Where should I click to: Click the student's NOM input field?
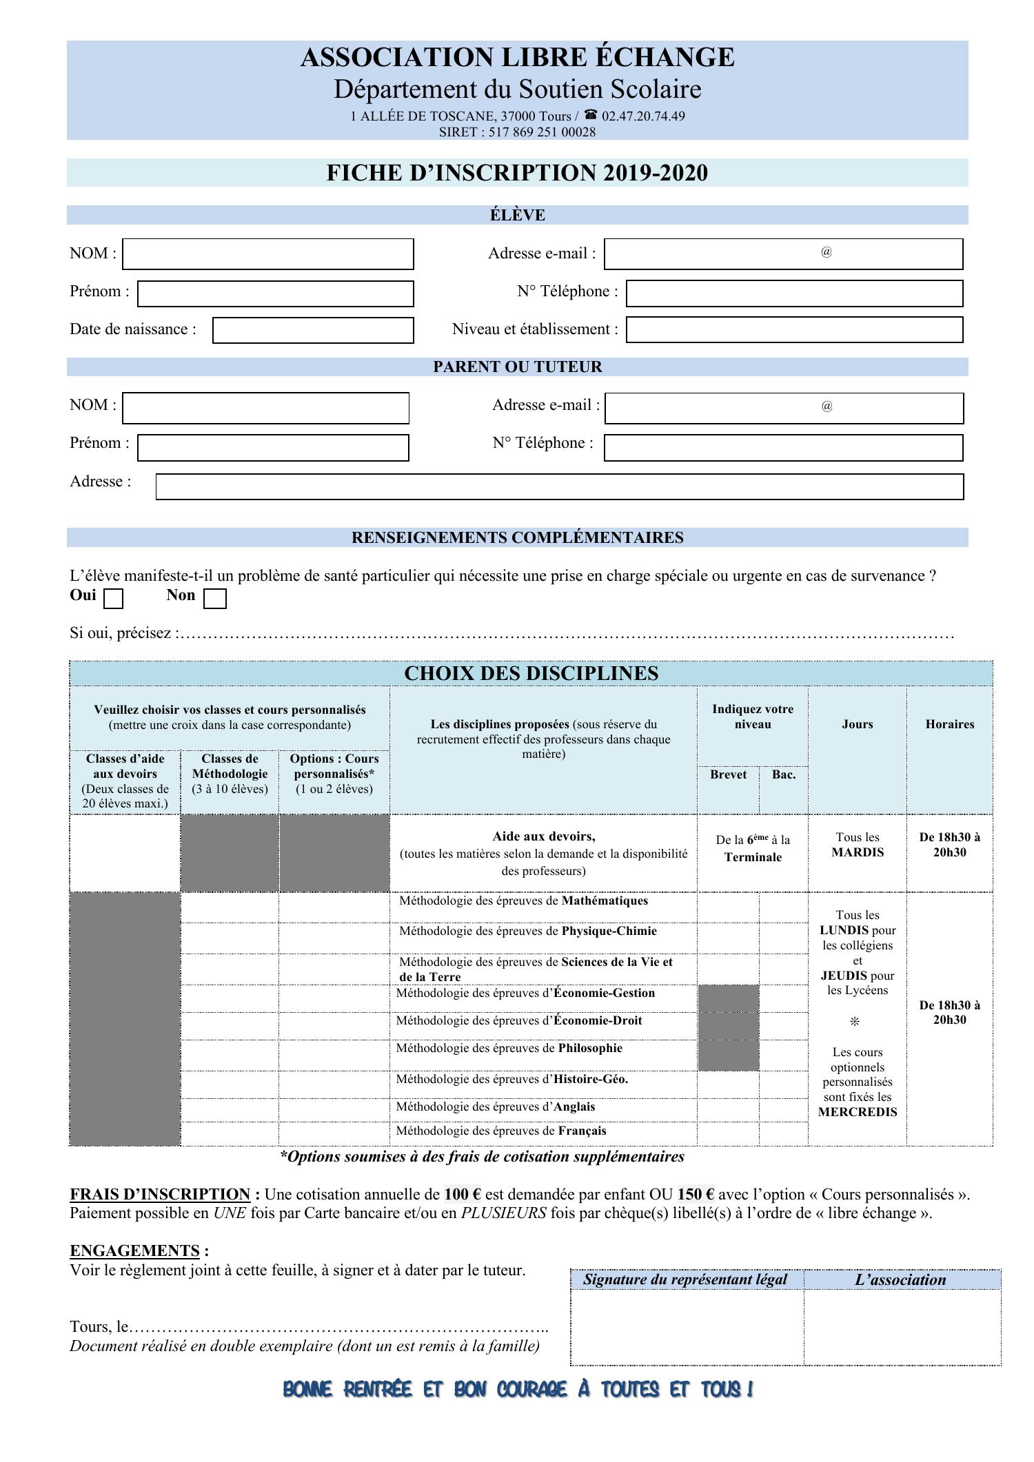tap(267, 254)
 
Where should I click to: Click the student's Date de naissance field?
tap(312, 330)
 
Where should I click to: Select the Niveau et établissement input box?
tap(793, 330)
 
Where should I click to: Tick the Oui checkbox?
tap(113, 599)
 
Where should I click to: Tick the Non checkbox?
tap(215, 599)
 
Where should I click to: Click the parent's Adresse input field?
tap(559, 486)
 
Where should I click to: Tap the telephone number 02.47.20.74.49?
tap(643, 116)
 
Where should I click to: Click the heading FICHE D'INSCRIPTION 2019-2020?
tap(517, 173)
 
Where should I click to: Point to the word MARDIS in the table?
tap(857, 852)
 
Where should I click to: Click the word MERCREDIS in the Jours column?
tap(857, 1112)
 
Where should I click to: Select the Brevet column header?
tap(728, 774)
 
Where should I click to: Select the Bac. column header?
tap(783, 774)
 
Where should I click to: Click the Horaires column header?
tap(949, 724)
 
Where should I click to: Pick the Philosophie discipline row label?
tap(590, 1048)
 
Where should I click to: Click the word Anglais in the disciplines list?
tap(574, 1106)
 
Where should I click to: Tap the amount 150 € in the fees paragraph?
tap(696, 1195)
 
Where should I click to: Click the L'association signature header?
tap(900, 1280)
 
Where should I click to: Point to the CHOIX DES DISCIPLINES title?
tap(531, 673)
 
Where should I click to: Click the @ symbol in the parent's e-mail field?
tap(827, 406)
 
